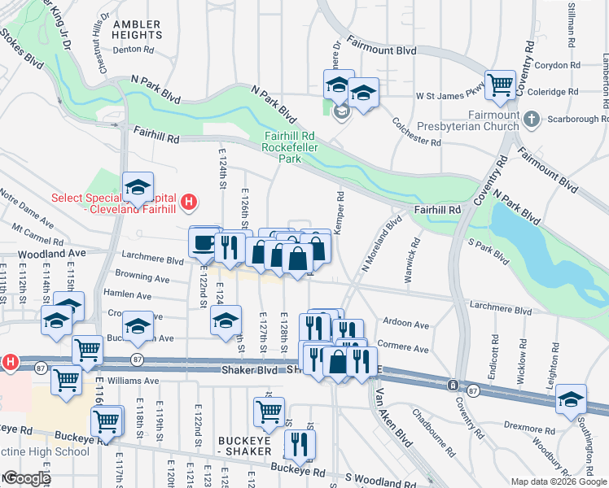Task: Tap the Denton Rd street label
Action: click(133, 50)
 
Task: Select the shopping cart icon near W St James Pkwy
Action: click(500, 84)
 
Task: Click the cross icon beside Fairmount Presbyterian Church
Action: click(532, 120)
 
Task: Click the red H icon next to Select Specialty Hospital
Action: click(189, 201)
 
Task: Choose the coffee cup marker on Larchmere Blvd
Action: click(204, 242)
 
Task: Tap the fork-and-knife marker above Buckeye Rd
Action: click(300, 444)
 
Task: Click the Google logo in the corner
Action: click(26, 478)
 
